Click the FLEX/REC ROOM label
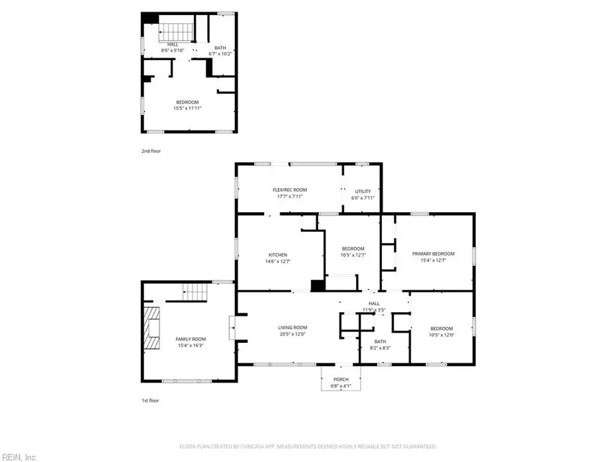(x=290, y=190)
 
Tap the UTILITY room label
(x=362, y=190)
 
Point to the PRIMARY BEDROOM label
(x=433, y=253)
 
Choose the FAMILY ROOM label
(x=190, y=339)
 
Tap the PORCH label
(x=341, y=379)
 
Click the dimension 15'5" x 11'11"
(x=187, y=108)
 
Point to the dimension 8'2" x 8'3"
(x=381, y=348)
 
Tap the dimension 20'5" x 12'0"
(x=292, y=335)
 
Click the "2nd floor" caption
(x=151, y=151)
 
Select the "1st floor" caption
(x=151, y=400)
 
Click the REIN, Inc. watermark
(x=21, y=457)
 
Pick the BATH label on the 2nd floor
(x=220, y=48)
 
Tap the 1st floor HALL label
(x=374, y=303)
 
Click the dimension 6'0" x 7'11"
(x=362, y=197)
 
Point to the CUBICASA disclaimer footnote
(x=307, y=446)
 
